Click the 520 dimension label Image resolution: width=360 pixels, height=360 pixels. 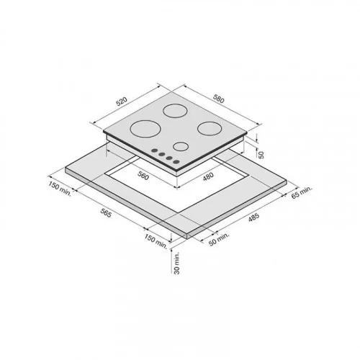coord(121,102)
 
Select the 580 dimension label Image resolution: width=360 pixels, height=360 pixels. coord(218,99)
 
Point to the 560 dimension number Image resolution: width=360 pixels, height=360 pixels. coord(143,176)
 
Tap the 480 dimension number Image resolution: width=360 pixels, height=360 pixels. coord(208,176)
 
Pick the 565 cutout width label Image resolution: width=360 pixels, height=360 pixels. coord(106,213)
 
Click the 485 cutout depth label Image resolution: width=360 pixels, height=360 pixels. coord(253,217)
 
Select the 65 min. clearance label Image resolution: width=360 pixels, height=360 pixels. coord(302,192)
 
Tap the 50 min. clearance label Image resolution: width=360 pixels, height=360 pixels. coord(219,239)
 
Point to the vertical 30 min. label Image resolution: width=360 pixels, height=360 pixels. coord(177,263)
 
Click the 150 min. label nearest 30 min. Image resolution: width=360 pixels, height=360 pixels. coord(156,241)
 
